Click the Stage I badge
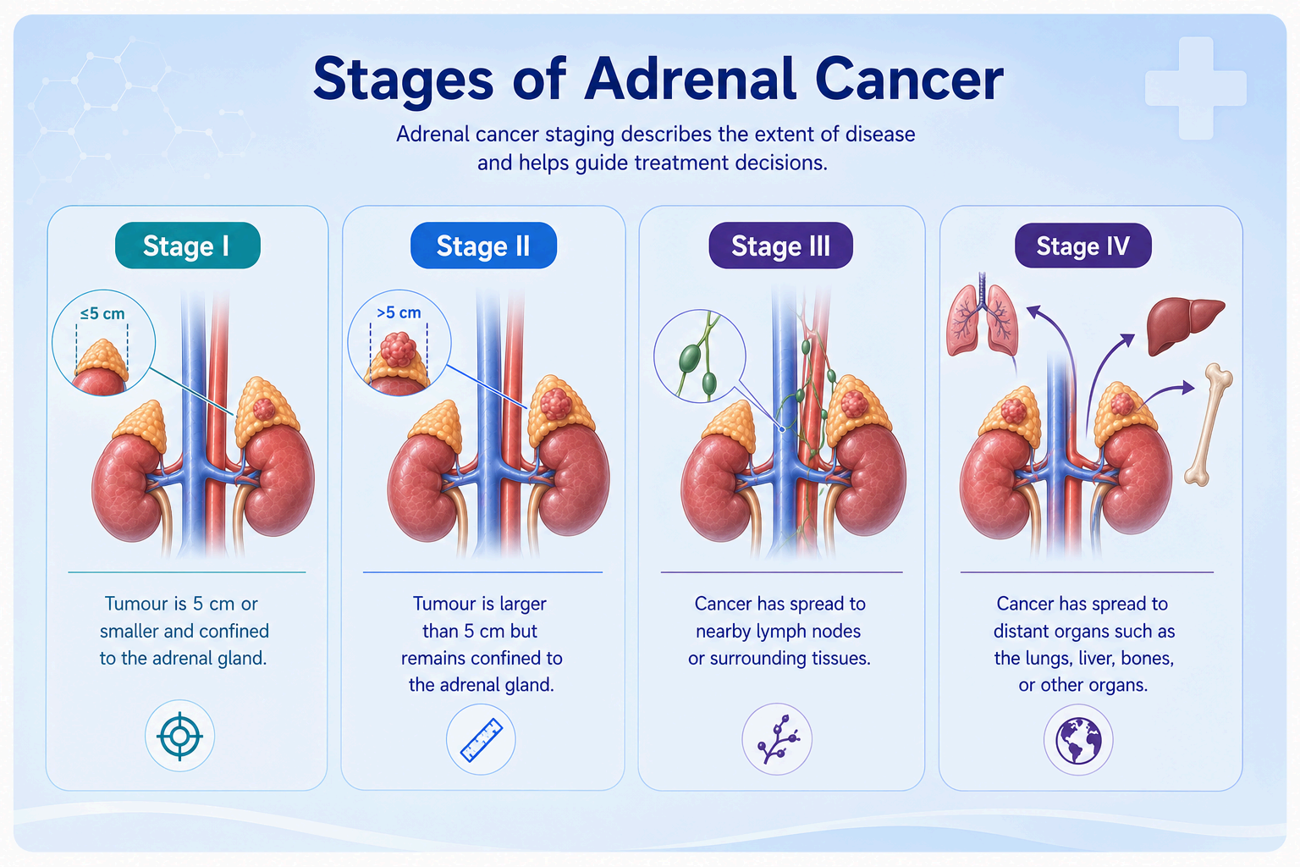coord(187,246)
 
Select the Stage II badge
coord(483,246)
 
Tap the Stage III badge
coord(780,246)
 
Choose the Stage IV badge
coord(1083,246)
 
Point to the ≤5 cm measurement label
coord(102,313)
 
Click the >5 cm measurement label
coord(399,312)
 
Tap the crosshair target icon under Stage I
coord(180,736)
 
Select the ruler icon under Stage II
coord(481,739)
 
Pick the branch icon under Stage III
coord(777,739)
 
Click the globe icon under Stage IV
coord(1078,740)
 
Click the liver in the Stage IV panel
coord(1185,324)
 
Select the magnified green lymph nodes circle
coord(699,356)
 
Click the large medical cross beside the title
coord(1196,88)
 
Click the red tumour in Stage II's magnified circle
coord(398,349)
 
